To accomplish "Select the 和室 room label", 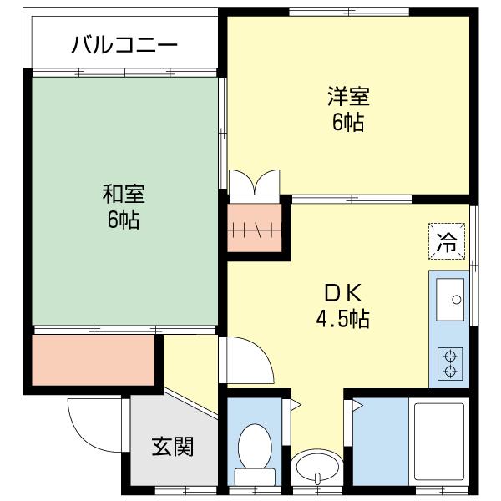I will point(124,195).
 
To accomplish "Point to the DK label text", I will point(342,293).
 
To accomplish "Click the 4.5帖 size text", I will point(342,318).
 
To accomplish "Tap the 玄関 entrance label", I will point(173,447).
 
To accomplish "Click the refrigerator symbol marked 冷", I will point(448,243).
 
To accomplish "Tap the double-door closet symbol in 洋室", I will point(253,183).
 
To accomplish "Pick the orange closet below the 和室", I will point(94,360).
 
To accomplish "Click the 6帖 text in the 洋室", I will point(347,122).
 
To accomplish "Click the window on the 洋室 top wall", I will point(348,12).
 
